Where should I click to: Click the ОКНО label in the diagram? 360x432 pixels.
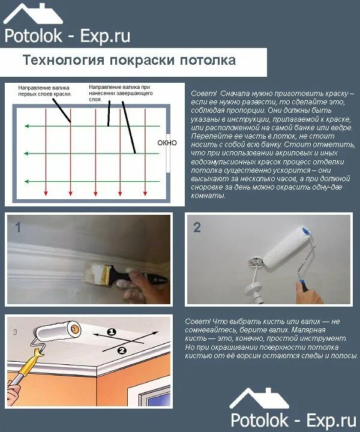pyautogui.click(x=167, y=143)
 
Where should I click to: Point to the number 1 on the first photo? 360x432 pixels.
pyautogui.click(x=18, y=227)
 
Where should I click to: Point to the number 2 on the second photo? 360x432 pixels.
pyautogui.click(x=197, y=227)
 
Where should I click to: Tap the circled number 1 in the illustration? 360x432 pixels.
pyautogui.click(x=112, y=331)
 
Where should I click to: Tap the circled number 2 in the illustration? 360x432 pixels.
pyautogui.click(x=121, y=349)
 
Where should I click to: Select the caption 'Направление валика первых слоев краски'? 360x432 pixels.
pyautogui.click(x=45, y=91)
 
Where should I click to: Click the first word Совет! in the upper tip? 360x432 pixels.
pyautogui.click(x=203, y=94)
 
